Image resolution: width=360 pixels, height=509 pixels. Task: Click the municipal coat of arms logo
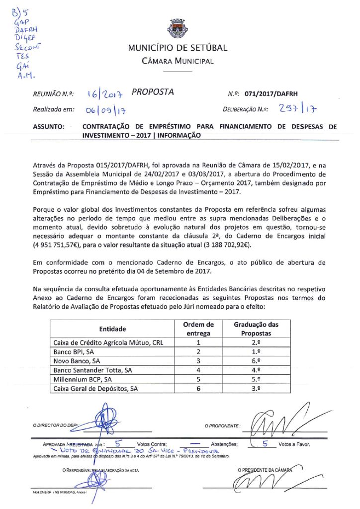(178, 28)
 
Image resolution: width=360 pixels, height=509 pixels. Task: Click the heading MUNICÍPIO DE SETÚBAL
(178, 48)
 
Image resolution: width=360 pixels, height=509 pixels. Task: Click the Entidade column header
(112, 329)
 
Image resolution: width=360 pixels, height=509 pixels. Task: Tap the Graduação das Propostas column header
(256, 329)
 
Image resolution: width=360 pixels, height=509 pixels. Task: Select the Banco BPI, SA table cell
(74, 352)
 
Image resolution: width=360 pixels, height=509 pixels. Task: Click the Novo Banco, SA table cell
(77, 361)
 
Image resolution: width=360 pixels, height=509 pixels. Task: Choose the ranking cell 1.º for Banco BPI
(256, 352)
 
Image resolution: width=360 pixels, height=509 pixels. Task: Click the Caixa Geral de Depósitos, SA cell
(95, 389)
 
